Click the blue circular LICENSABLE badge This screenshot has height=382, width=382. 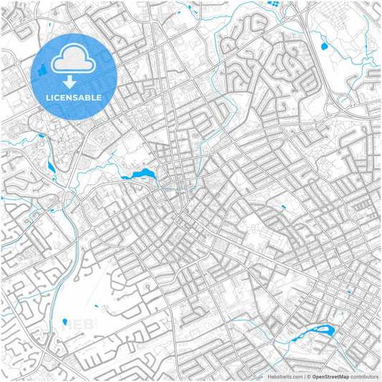coord(75,75)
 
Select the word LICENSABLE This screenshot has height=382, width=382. coord(75,97)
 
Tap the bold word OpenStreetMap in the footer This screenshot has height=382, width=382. coord(330,376)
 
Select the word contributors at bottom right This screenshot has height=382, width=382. coord(364,376)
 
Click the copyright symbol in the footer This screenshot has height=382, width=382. coord(309,376)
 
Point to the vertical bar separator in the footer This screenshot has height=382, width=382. coord(304,376)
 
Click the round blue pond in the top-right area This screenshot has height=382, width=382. coord(325,47)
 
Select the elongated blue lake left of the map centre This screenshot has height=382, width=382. coord(140,174)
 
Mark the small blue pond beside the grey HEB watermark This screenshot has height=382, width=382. coord(65,322)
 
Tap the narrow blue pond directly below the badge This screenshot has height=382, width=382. coord(51,167)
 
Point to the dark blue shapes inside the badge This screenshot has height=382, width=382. coord(42,70)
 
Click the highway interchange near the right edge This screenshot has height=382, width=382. coord(336,108)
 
